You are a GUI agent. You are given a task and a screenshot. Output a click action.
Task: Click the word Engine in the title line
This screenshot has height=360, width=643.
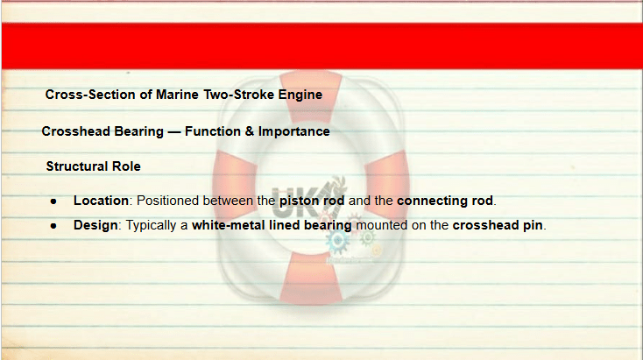click(300, 95)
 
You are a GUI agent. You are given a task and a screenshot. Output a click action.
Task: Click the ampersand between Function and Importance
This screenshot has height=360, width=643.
click(250, 131)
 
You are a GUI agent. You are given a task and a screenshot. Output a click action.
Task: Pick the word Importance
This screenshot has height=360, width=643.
click(294, 131)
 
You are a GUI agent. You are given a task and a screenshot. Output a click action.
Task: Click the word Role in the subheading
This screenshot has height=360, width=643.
click(127, 166)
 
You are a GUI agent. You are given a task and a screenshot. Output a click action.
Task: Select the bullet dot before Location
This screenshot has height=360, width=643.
click(53, 201)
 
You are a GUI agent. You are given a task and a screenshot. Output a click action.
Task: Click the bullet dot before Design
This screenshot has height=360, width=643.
click(53, 226)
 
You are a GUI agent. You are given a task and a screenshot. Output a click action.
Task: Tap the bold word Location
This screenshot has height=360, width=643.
click(101, 201)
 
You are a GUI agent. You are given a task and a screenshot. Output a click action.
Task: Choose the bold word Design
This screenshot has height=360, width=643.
click(95, 225)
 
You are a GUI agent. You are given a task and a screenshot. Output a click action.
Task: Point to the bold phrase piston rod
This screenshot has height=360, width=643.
click(312, 201)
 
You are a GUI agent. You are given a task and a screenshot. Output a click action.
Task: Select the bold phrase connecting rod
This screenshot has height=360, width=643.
click(445, 201)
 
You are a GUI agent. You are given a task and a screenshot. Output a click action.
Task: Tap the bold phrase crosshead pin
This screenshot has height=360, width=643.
click(498, 225)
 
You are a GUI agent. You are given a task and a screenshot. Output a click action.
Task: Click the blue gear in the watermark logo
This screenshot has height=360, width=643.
click(338, 242)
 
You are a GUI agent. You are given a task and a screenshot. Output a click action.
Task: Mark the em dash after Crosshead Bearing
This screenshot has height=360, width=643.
click(174, 132)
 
